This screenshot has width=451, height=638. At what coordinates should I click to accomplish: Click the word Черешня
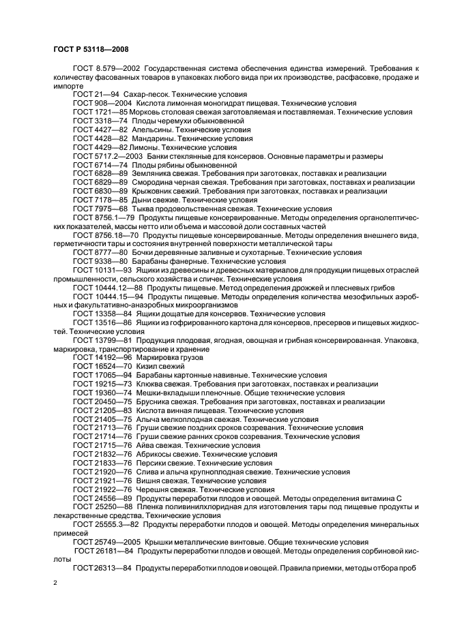pyautogui.click(x=154, y=489)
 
